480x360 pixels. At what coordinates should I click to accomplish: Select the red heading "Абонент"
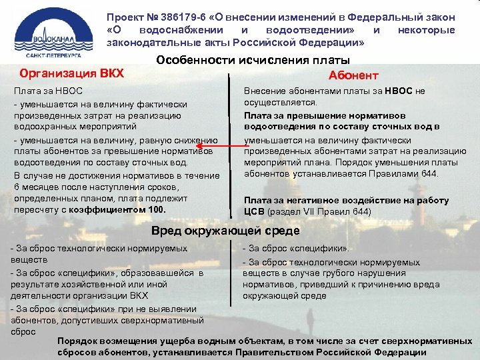353,75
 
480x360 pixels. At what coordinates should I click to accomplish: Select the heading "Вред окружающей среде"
225,231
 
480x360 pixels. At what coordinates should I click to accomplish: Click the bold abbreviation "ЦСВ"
255,212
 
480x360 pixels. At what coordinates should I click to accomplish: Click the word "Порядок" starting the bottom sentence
78,341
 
